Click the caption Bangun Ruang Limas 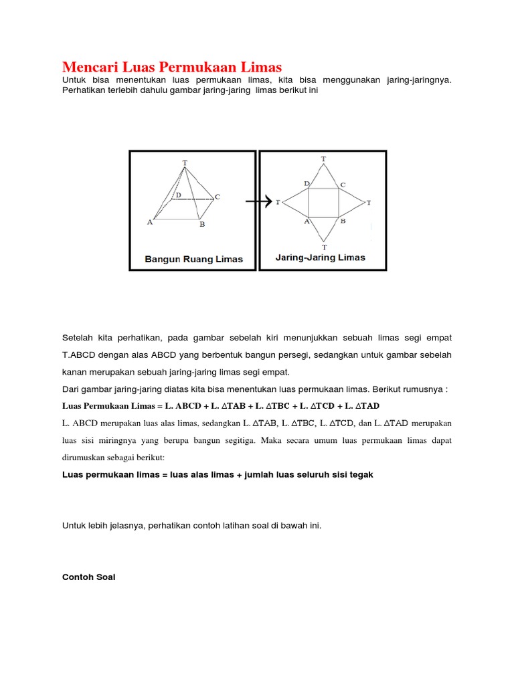coord(193,259)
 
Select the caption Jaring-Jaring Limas coord(321,257)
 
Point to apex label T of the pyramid coord(185,163)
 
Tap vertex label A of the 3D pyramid coord(150,223)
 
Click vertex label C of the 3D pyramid coord(218,197)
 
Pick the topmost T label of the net coord(324,159)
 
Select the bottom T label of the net coord(324,247)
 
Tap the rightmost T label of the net coord(369,202)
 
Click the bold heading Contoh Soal coord(88,577)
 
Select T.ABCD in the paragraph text coord(81,355)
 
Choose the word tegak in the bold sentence coord(360,474)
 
